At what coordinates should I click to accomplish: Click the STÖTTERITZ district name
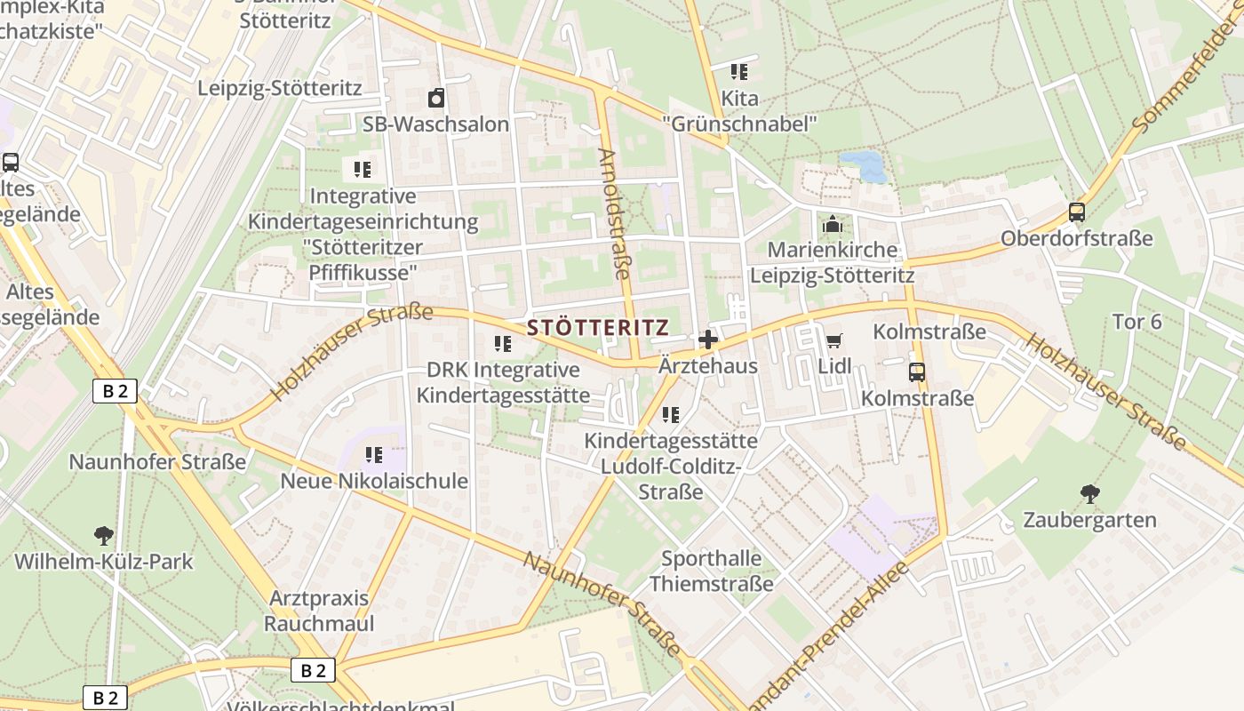pos(597,327)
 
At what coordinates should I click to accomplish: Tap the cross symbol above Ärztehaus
pos(708,340)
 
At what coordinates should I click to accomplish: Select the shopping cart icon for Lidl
pos(833,340)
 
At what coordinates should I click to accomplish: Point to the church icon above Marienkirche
pos(832,224)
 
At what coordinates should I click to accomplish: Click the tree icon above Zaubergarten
pos(1089,494)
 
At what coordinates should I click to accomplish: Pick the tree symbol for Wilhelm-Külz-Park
pos(103,535)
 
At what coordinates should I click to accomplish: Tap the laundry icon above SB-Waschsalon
pos(435,98)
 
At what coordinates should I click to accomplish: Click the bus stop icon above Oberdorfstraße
pos(1076,212)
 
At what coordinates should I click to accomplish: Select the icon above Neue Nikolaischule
pos(374,455)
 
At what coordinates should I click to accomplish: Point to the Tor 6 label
pos(1136,322)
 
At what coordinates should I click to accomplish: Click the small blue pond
pos(861,165)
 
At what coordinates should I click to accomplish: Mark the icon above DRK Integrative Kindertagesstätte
pos(503,344)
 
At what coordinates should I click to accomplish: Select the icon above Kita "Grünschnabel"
pos(738,72)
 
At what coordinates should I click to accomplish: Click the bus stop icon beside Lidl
pos(917,371)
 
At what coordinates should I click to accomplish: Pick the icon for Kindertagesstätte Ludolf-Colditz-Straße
pos(671,414)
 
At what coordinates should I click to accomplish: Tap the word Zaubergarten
pos(1089,520)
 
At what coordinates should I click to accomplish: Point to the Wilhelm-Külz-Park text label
pos(103,562)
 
